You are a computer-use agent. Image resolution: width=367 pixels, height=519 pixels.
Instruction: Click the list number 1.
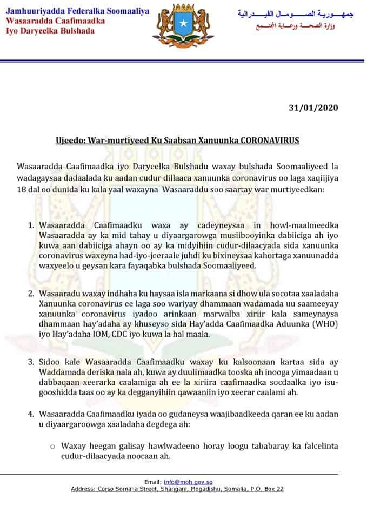pos(31,224)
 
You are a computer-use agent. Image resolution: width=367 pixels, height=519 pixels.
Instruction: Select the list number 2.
pos(31,294)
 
